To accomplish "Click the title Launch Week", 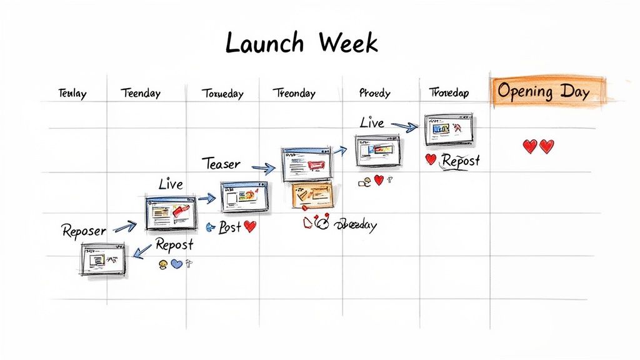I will coord(301,43).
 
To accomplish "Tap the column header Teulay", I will coord(72,94).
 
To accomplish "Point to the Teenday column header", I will coord(141,94).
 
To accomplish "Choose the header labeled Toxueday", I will coord(222,94).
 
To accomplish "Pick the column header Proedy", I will coord(375,93).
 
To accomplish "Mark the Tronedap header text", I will coord(449,93).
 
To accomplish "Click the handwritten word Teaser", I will coord(221,164).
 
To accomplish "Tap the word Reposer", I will coord(84,231).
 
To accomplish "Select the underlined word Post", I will coord(229,227).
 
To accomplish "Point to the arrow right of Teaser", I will coord(262,167).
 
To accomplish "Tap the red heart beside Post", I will coord(250,227).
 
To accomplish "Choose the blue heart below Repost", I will coord(176,264).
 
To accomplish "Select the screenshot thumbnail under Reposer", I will coord(103,259).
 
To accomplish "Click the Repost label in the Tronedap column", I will coord(461,161).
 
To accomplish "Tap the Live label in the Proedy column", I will coord(372,122).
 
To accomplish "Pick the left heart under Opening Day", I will coord(529,146).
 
